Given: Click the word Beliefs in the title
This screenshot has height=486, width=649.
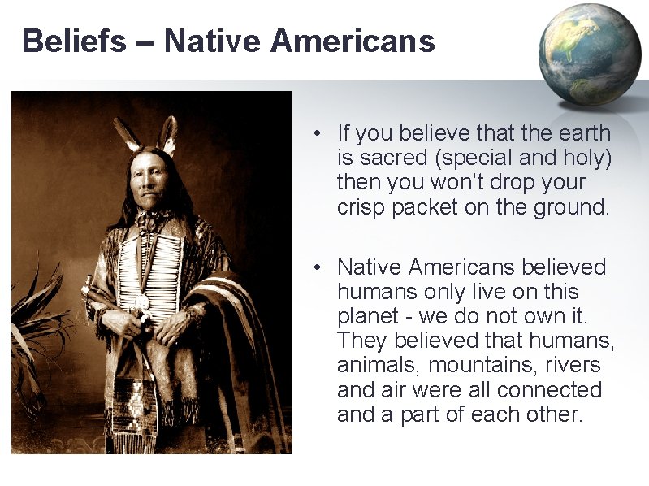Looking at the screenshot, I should [74, 41].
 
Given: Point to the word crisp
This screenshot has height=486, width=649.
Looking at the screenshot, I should [361, 206].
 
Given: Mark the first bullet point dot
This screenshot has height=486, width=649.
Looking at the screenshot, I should [321, 132].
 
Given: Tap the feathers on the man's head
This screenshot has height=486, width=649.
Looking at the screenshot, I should [147, 134].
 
